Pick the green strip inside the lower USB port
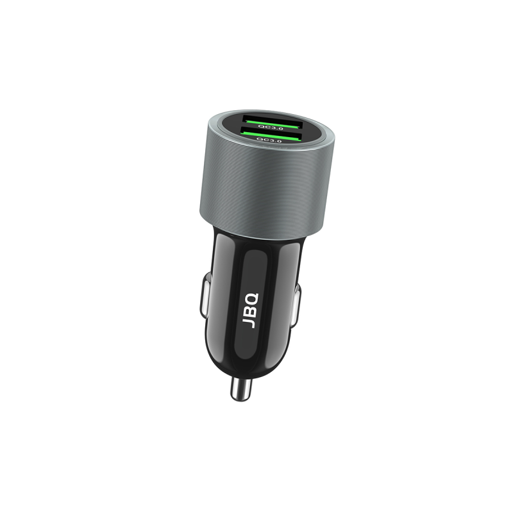coord(269,133)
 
